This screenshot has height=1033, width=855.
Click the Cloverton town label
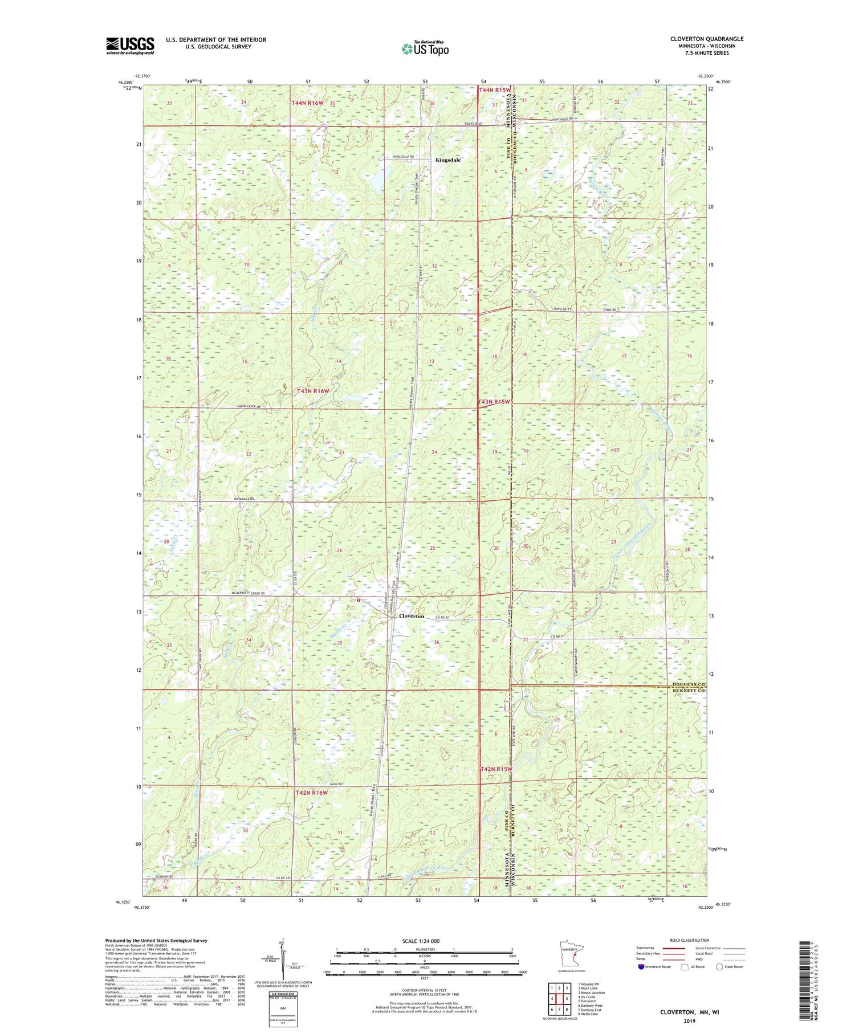click(412, 616)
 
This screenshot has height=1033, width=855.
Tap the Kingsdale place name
click(447, 160)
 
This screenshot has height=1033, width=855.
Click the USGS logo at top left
click(130, 46)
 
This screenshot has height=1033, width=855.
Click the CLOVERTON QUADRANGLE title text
click(706, 39)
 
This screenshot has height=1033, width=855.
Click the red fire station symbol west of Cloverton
click(359, 600)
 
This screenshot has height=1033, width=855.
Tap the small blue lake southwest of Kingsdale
click(377, 182)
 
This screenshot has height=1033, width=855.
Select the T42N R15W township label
click(495, 769)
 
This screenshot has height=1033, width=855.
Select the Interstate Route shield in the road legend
click(641, 966)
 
